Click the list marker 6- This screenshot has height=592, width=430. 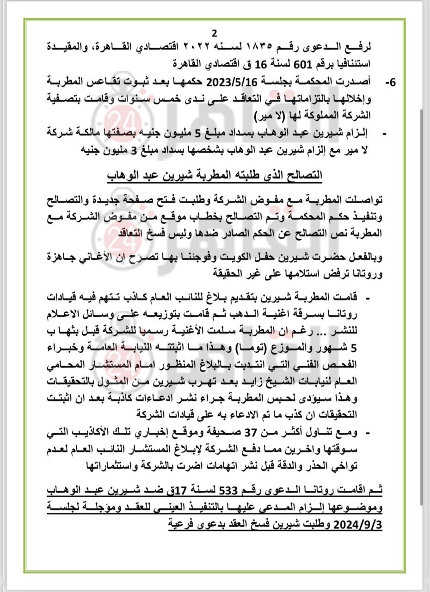pyautogui.click(x=390, y=82)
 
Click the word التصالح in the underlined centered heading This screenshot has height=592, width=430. pyautogui.click(x=304, y=176)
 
